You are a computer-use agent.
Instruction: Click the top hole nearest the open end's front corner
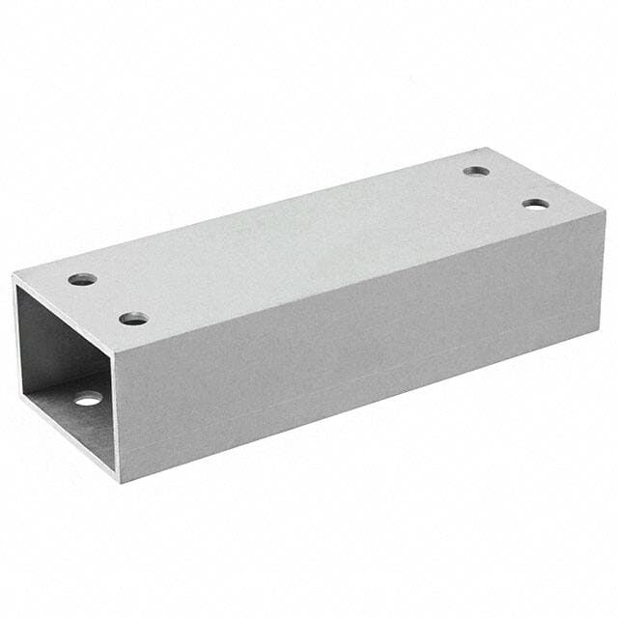tap(133, 318)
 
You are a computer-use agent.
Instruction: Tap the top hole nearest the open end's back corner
tap(82, 279)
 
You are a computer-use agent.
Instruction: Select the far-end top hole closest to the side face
tap(536, 204)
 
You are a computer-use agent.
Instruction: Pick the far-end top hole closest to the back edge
tap(476, 171)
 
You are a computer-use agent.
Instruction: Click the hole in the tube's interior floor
tap(88, 398)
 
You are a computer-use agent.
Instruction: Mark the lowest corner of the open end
tap(118, 481)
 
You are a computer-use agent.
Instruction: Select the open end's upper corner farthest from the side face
tap(13, 276)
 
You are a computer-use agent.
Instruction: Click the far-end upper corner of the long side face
tap(604, 211)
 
